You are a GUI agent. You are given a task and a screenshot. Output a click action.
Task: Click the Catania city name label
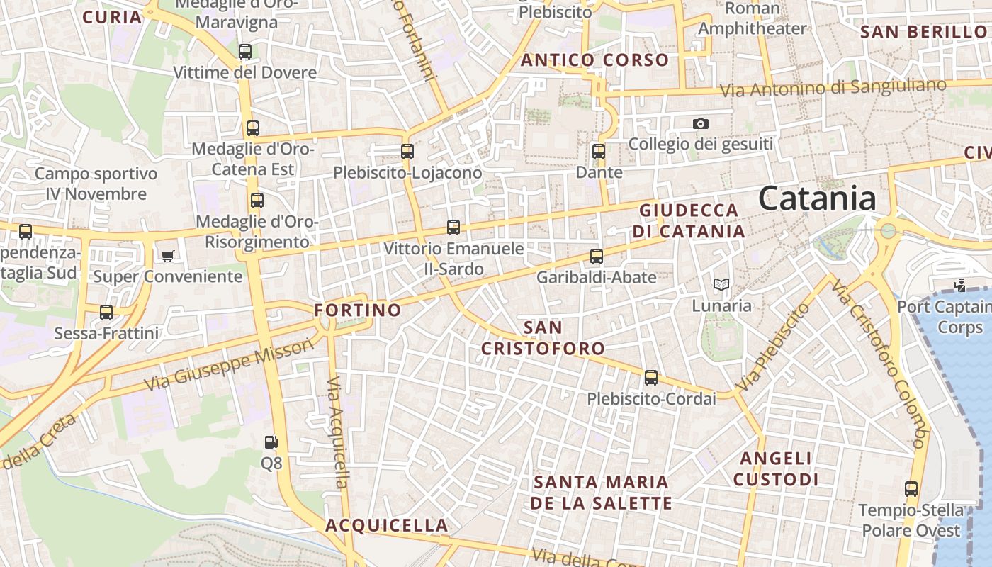pyautogui.click(x=817, y=199)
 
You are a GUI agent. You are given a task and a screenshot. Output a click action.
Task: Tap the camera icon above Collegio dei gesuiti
pyautogui.click(x=700, y=124)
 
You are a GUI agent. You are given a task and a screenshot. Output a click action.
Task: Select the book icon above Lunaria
pyautogui.click(x=721, y=285)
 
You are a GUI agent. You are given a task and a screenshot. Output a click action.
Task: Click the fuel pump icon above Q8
pyautogui.click(x=271, y=442)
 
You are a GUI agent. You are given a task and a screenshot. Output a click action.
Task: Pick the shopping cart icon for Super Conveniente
pyautogui.click(x=168, y=256)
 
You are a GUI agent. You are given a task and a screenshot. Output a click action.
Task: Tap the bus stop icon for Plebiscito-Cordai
pyautogui.click(x=651, y=378)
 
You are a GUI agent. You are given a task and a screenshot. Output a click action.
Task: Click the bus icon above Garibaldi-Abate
pyautogui.click(x=597, y=257)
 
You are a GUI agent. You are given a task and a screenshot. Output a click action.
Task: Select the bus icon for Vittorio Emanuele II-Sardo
pyautogui.click(x=453, y=228)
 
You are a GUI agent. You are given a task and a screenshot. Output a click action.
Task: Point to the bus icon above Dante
pyautogui.click(x=599, y=151)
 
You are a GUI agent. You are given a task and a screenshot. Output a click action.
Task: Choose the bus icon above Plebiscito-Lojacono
pyautogui.click(x=407, y=151)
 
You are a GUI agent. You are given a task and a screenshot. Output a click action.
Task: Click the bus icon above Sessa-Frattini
pyautogui.click(x=106, y=312)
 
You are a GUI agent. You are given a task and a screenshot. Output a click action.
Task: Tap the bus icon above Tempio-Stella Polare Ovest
pyautogui.click(x=911, y=489)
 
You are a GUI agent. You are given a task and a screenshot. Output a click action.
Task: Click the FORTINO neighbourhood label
pyautogui.click(x=358, y=310)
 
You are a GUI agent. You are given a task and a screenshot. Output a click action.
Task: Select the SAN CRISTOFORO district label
pyautogui.click(x=543, y=338)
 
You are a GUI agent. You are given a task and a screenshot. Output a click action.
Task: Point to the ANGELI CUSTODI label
pyautogui.click(x=776, y=469)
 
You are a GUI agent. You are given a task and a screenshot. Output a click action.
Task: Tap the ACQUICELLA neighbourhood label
pyautogui.click(x=387, y=525)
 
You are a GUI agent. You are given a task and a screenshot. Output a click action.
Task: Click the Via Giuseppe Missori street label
pyautogui.click(x=228, y=364)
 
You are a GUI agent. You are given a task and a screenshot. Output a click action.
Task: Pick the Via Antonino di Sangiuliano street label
pyautogui.click(x=833, y=88)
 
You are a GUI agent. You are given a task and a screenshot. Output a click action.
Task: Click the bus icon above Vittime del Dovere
pyautogui.click(x=245, y=52)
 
